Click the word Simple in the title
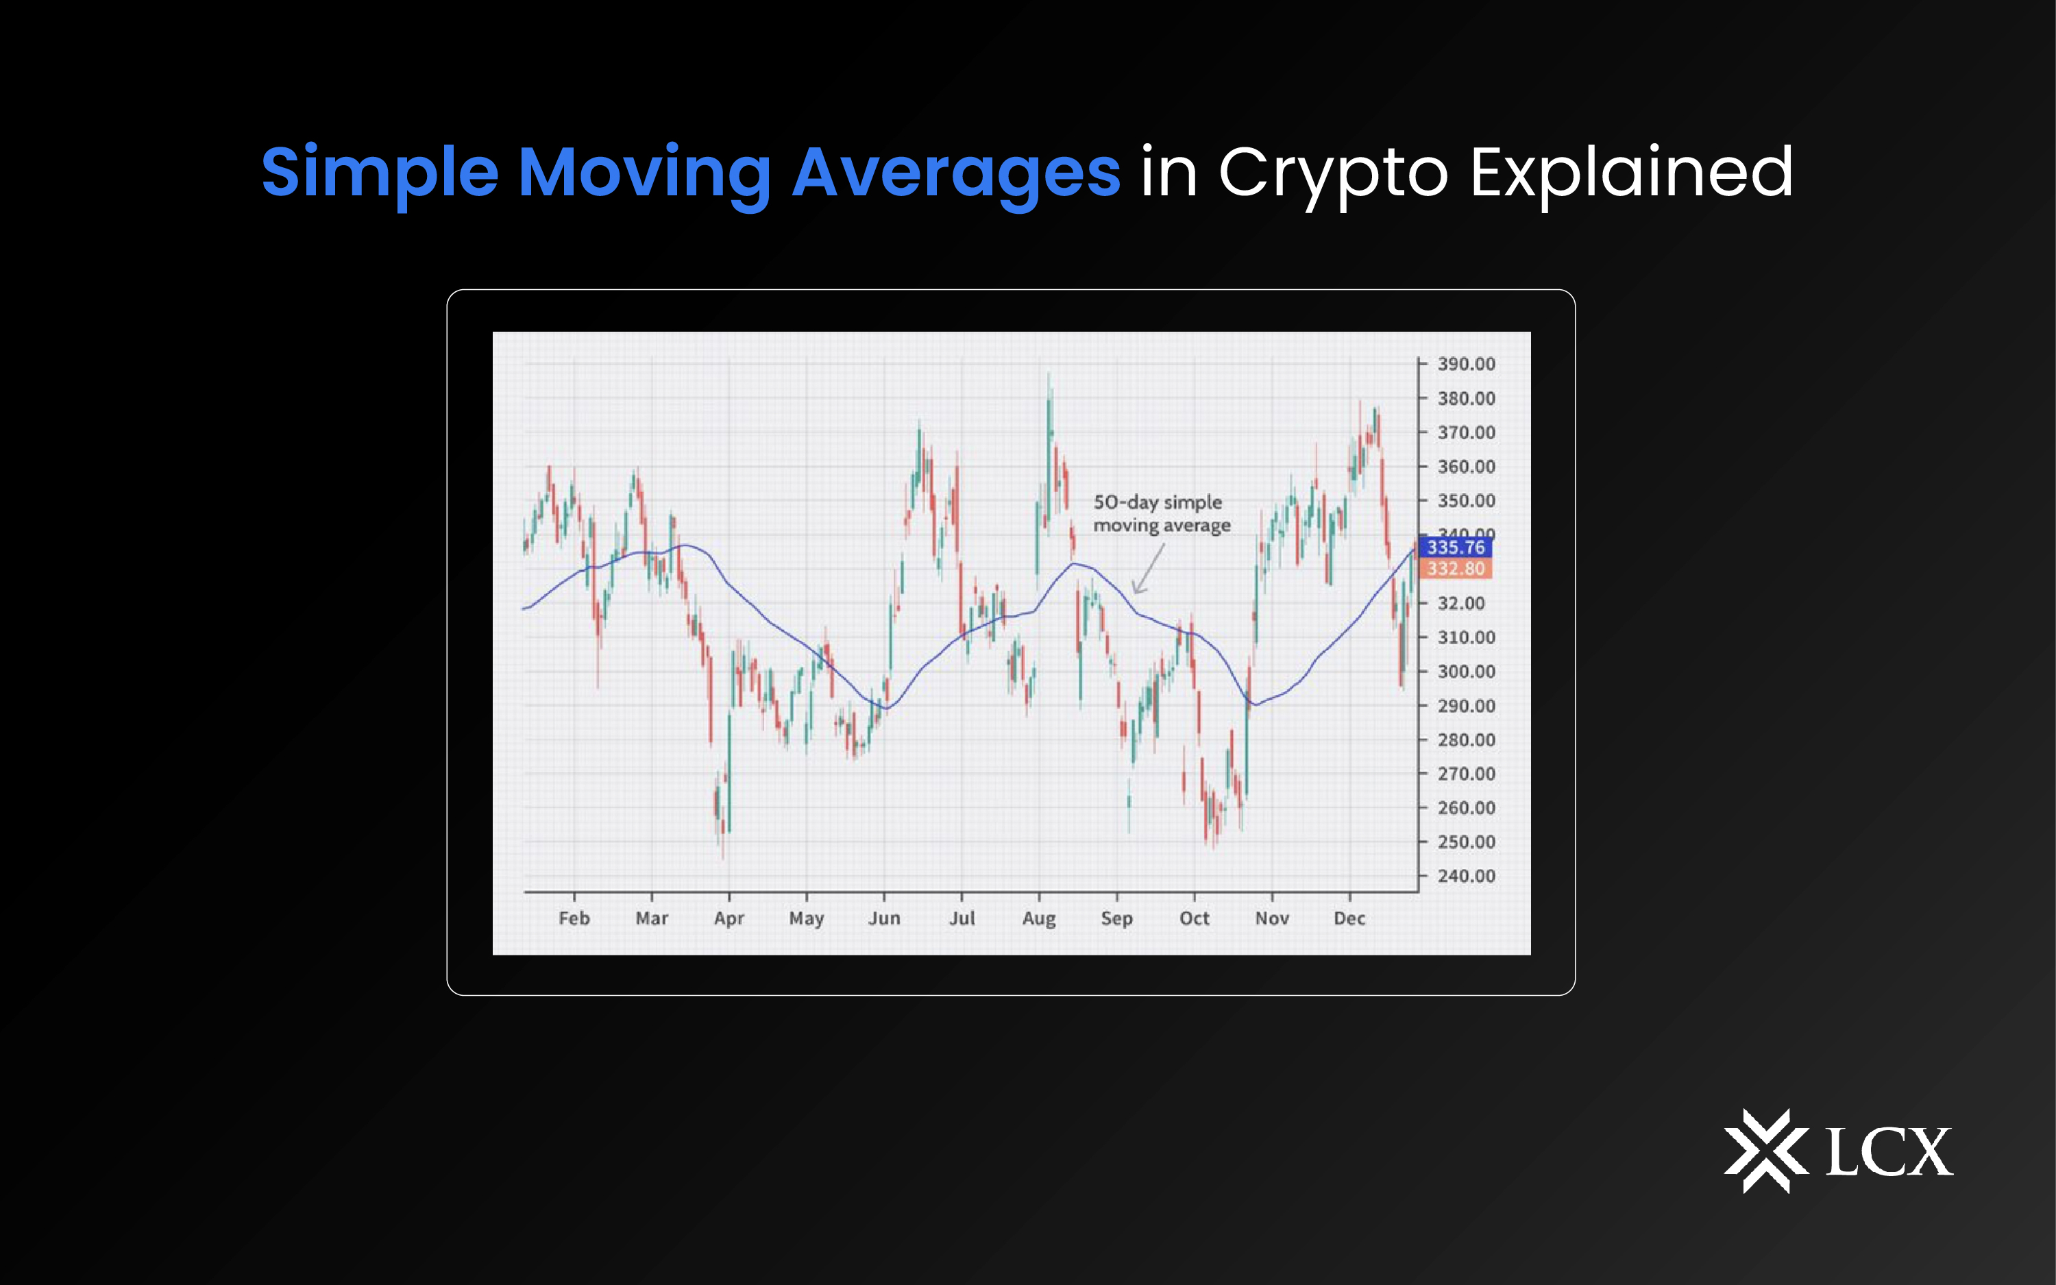tap(380, 173)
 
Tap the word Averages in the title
tap(956, 173)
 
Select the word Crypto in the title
tap(1333, 173)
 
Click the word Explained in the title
tap(1631, 173)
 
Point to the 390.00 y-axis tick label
tap(1465, 364)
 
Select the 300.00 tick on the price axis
tap(1465, 672)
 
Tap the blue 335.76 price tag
tap(1456, 548)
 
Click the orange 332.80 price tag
tap(1456, 569)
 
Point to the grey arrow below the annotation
tap(1148, 570)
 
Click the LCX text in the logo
tap(1889, 1153)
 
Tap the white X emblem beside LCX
tap(1765, 1151)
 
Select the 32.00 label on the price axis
tap(1460, 603)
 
